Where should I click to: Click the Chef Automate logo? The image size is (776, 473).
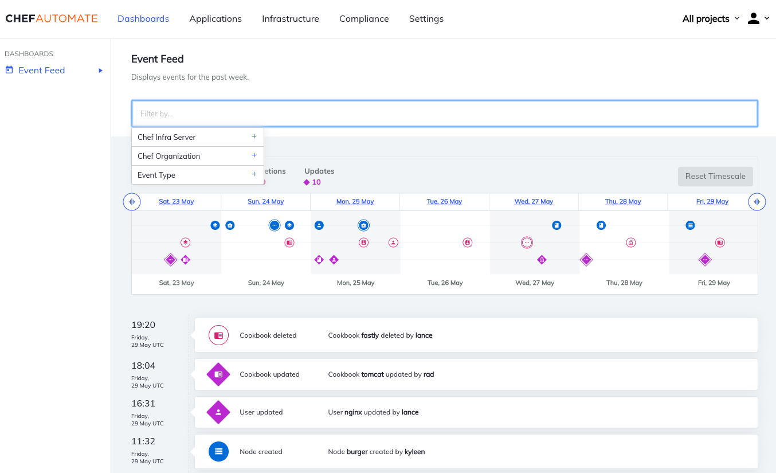tap(52, 18)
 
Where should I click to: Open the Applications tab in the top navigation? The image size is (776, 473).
tap(215, 18)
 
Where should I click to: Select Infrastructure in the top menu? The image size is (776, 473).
tap(291, 18)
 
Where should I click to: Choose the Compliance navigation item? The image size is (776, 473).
tap(364, 18)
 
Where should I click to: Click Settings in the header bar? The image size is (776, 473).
tap(426, 18)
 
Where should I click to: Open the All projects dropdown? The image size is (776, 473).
tap(711, 18)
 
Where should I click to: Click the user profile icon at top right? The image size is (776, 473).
tap(754, 18)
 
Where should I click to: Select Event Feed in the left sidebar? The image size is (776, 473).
tap(41, 70)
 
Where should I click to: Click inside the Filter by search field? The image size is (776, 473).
tap(445, 114)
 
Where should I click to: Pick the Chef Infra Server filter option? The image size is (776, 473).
tap(167, 137)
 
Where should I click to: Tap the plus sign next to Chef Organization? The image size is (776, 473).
tap(254, 155)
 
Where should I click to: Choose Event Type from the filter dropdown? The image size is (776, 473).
tap(156, 175)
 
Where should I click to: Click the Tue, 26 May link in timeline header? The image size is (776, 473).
tap(444, 201)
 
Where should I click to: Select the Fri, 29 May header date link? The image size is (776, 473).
tap(712, 201)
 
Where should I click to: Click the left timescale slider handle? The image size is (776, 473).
tap(132, 201)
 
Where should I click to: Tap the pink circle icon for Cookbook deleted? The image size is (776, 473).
tap(218, 335)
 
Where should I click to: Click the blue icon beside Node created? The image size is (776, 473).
tap(218, 452)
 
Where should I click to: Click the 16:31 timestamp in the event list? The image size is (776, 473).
tap(143, 403)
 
